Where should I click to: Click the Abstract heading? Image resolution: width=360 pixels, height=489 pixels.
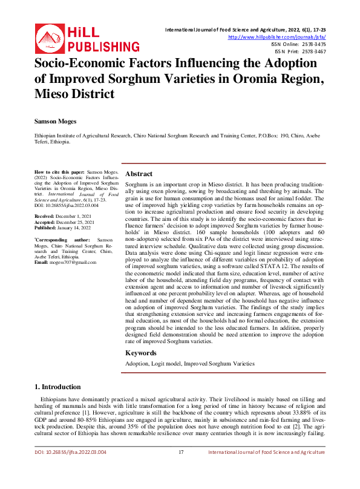(139, 174)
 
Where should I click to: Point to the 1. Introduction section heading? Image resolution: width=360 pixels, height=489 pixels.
(57, 387)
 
